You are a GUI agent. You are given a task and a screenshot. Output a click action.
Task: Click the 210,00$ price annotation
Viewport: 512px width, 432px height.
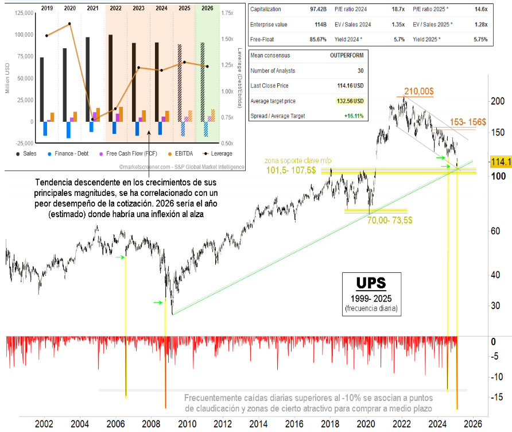(x=420, y=91)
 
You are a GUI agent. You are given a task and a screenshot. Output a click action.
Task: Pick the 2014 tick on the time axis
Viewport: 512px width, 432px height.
(x=258, y=424)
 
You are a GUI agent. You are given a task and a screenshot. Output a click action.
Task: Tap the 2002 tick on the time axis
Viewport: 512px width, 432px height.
(x=44, y=424)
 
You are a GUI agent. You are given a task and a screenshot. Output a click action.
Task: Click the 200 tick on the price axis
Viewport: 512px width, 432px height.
(x=497, y=102)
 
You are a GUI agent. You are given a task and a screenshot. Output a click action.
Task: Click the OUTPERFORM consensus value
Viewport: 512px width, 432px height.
(x=345, y=56)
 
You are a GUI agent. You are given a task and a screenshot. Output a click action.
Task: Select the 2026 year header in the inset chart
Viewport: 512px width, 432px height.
(x=207, y=8)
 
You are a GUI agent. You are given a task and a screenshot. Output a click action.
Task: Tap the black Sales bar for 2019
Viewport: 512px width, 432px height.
(x=41, y=89)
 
